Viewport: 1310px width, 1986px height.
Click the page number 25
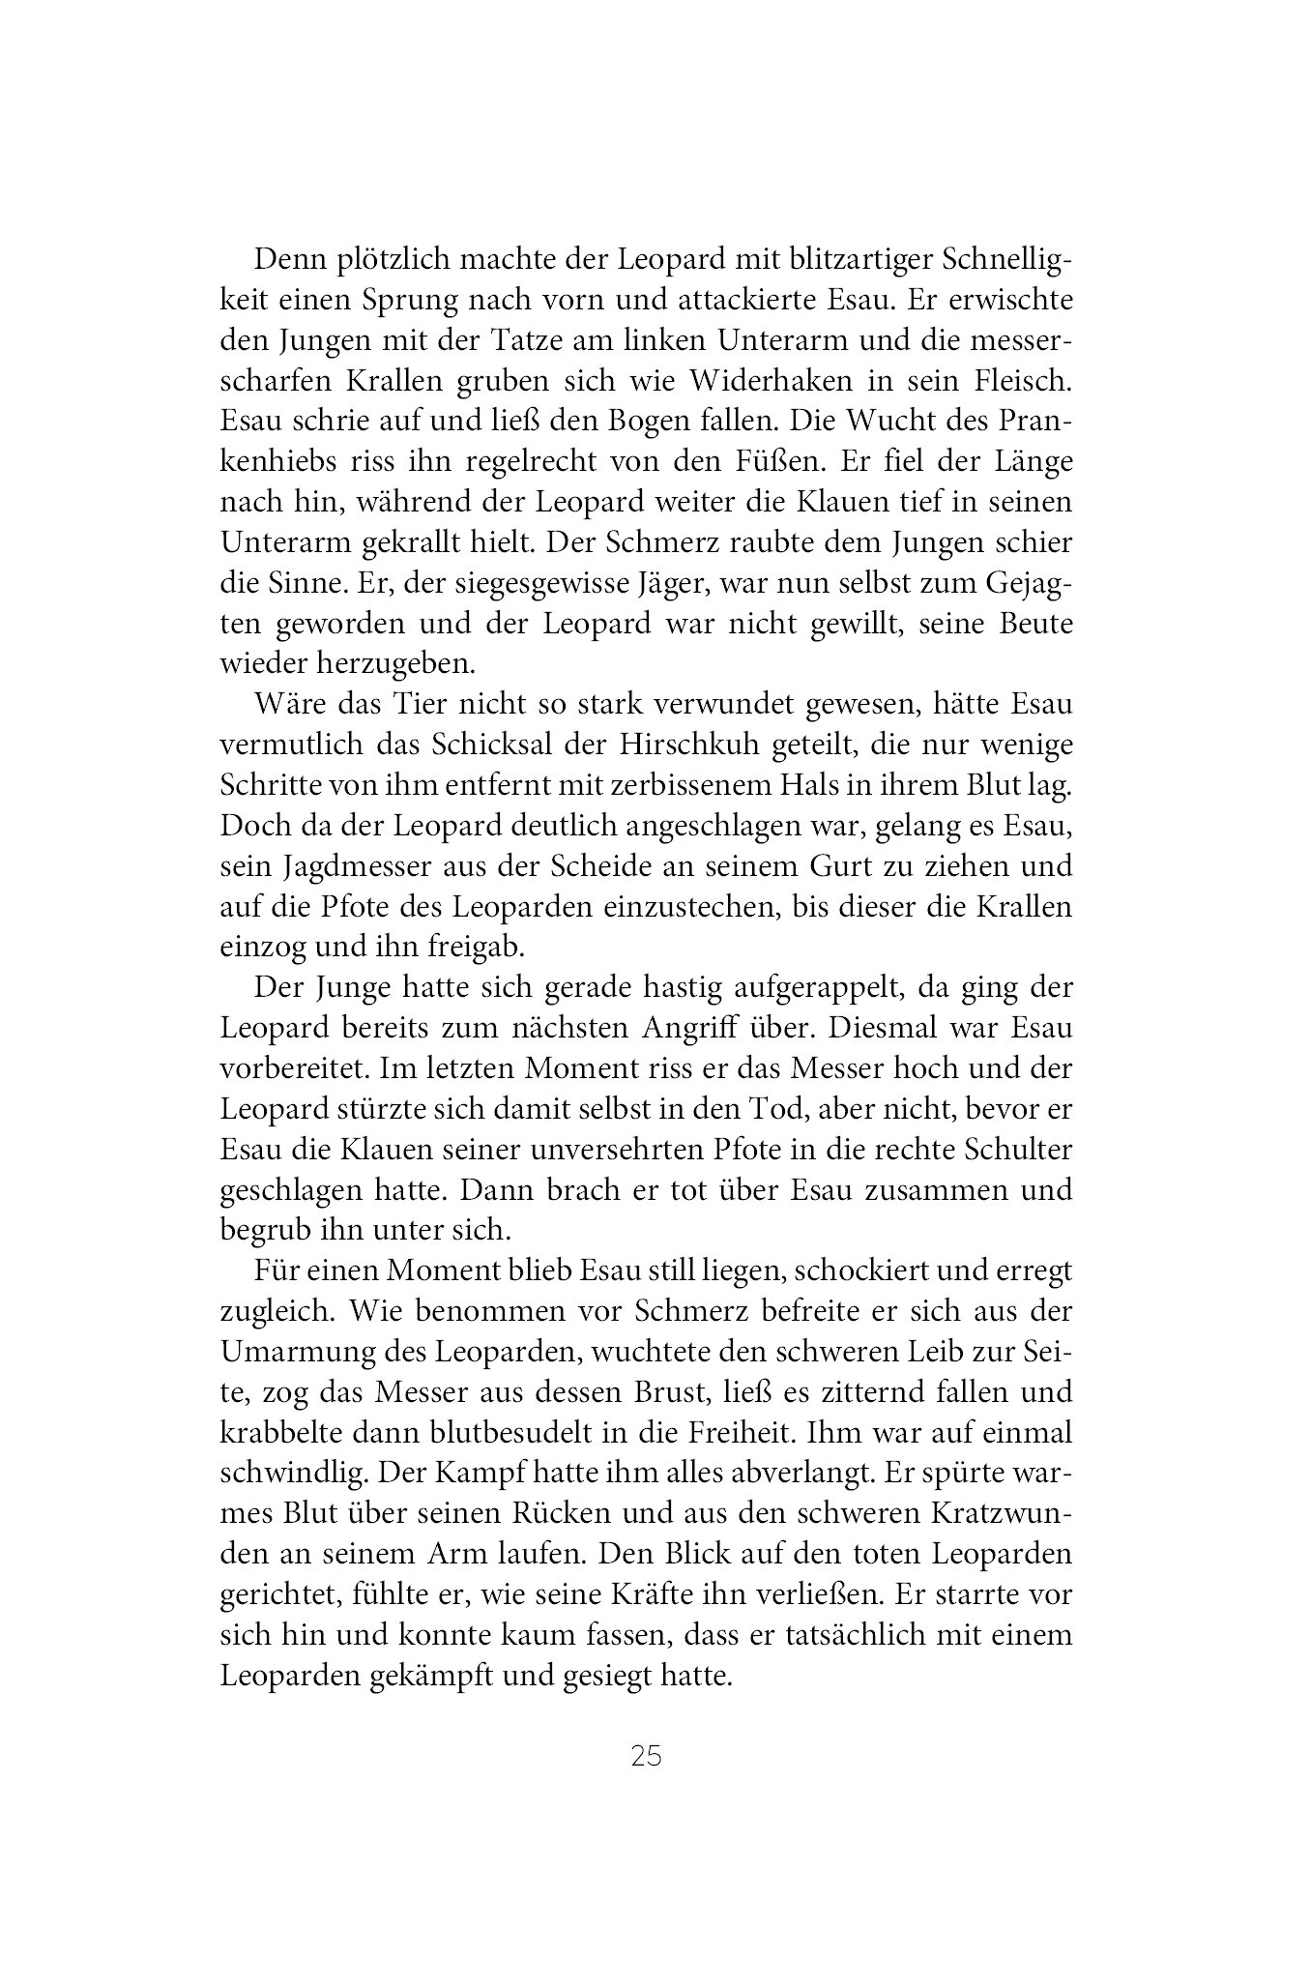click(645, 1755)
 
